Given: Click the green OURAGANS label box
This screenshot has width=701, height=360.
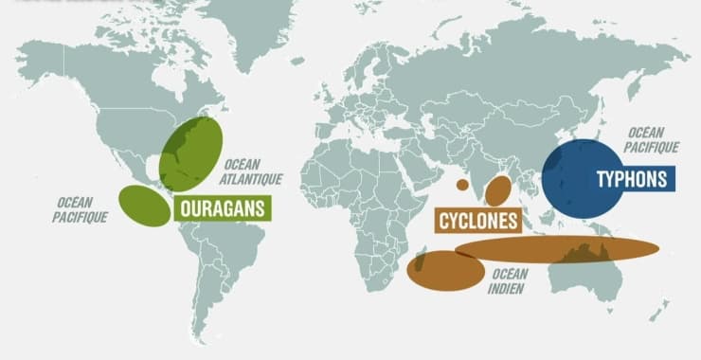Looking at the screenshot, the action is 222,208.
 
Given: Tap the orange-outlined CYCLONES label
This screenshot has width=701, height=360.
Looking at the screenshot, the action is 479,221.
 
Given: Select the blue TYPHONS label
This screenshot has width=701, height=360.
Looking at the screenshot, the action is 631,179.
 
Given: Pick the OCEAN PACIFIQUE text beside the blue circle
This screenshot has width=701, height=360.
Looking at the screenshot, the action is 652,140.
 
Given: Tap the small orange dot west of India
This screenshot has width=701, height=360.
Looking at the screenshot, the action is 462,185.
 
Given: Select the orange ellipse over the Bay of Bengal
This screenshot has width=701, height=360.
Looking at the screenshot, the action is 498,190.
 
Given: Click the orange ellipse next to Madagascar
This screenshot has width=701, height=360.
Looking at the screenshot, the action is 445,270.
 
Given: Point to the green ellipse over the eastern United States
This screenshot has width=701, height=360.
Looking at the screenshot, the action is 190,153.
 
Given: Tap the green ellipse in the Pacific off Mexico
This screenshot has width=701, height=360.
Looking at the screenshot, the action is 145,206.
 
